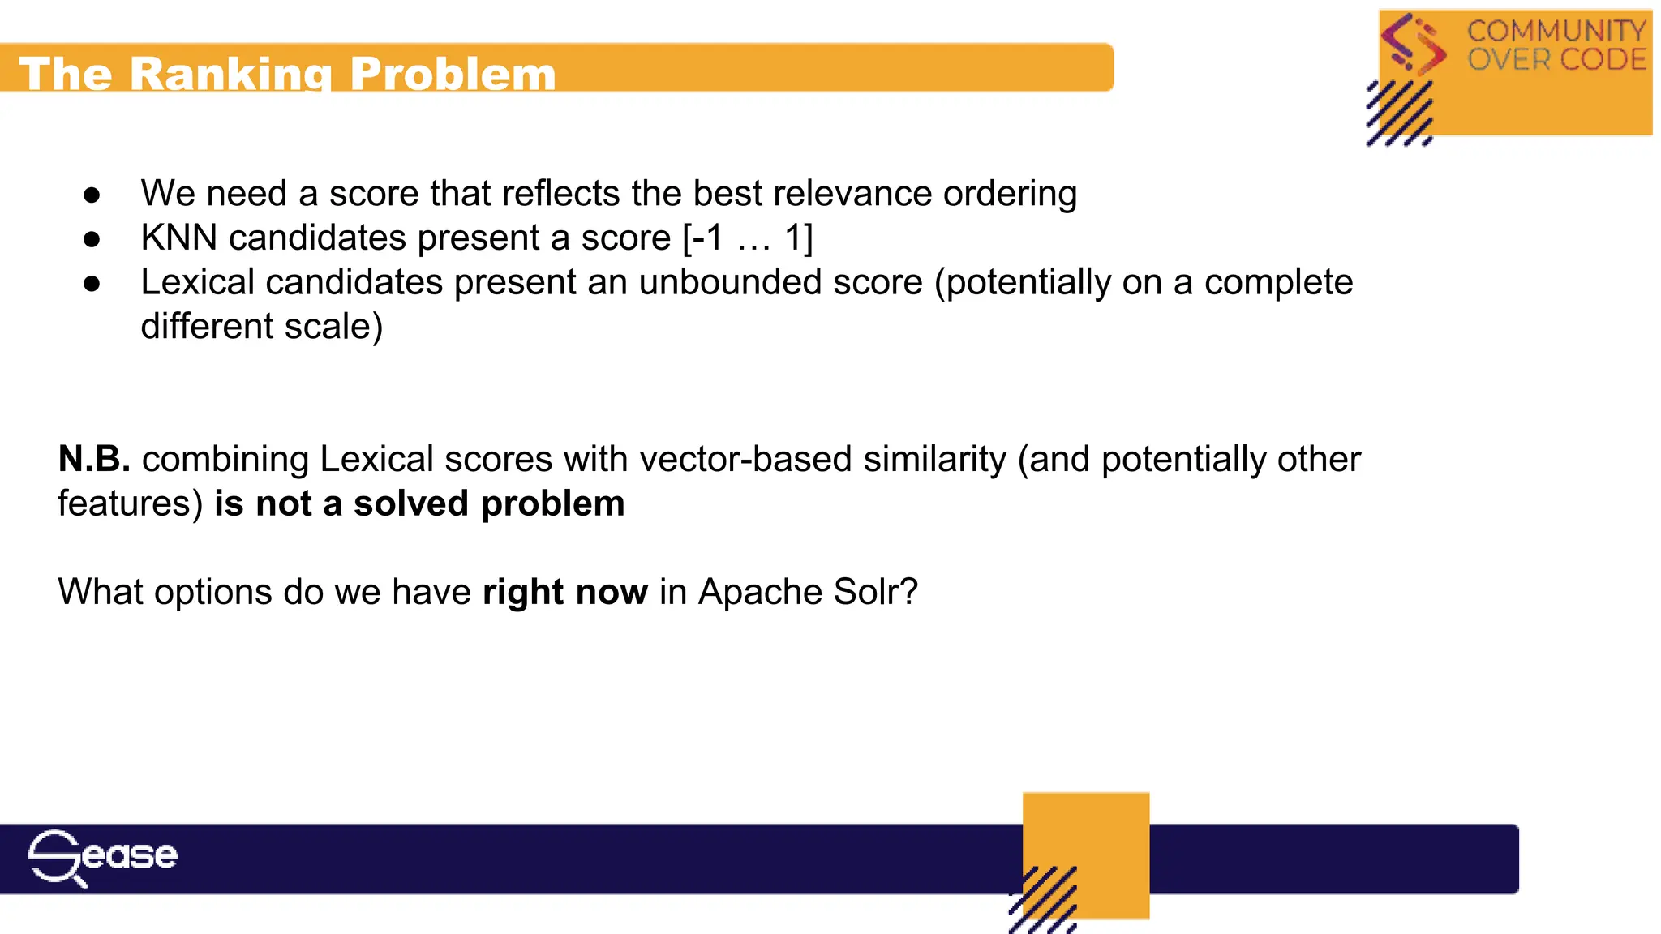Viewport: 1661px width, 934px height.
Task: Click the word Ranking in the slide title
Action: [x=231, y=75]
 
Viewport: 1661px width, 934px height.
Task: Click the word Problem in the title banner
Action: [x=453, y=75]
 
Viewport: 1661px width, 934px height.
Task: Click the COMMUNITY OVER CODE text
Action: [x=1556, y=45]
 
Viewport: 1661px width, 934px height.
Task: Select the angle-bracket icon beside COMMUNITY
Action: [x=1414, y=44]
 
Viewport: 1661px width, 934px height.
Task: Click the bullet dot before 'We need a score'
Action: [x=92, y=195]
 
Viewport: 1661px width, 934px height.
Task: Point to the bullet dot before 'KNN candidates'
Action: [x=92, y=239]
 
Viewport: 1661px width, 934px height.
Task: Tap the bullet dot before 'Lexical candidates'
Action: [x=92, y=283]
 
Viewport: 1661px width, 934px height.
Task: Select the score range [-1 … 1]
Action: [x=747, y=238]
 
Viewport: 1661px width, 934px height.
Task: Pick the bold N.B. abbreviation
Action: [x=94, y=460]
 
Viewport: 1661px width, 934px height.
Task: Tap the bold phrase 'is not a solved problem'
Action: [x=419, y=503]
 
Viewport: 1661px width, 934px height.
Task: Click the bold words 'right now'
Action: [x=564, y=592]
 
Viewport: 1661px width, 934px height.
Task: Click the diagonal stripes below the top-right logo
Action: [x=1399, y=114]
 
